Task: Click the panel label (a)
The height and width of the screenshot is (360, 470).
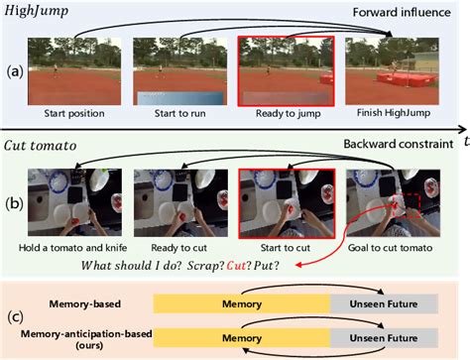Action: point(13,70)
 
